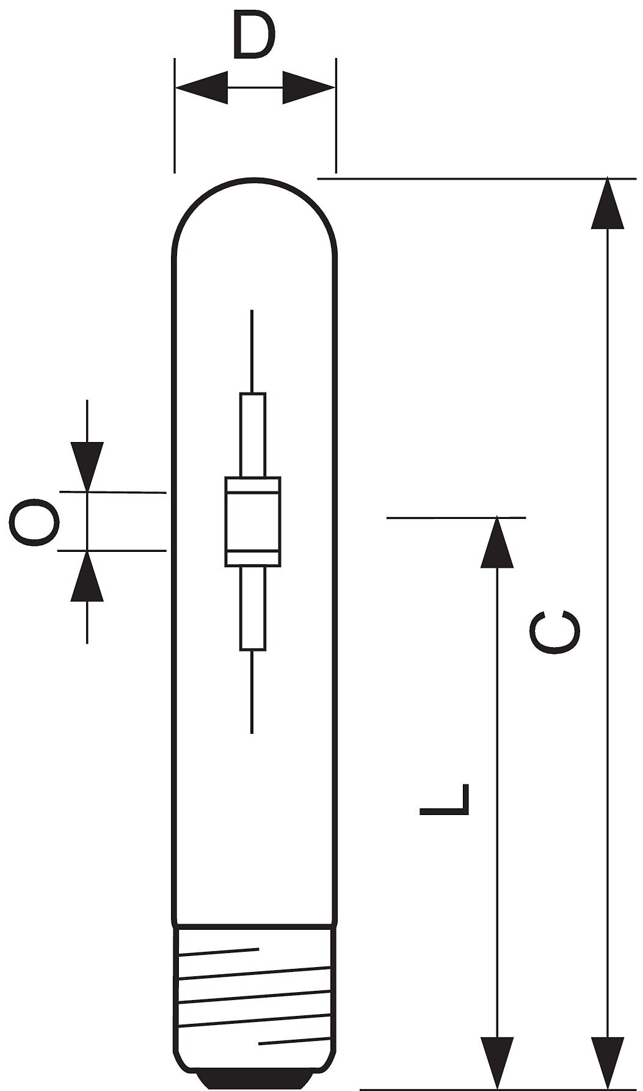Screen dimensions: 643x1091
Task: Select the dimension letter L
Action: click(x=445, y=799)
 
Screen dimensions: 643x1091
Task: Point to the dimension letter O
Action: click(x=34, y=523)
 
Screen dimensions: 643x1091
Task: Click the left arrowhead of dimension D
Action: click(x=202, y=87)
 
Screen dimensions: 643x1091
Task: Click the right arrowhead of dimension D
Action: click(x=309, y=87)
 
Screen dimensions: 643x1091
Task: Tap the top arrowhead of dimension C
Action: click(x=607, y=203)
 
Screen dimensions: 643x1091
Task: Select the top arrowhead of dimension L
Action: click(x=497, y=543)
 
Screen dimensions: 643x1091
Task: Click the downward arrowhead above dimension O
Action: click(x=87, y=466)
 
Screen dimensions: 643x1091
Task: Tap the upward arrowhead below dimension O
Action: click(x=87, y=576)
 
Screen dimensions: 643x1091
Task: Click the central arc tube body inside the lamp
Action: click(x=253, y=521)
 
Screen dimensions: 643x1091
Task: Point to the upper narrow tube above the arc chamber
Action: click(x=253, y=435)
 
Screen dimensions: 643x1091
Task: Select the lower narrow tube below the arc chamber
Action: click(x=253, y=607)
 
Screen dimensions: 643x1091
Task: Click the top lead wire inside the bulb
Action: click(x=252, y=352)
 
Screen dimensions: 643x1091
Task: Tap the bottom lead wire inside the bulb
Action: click(x=252, y=691)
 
